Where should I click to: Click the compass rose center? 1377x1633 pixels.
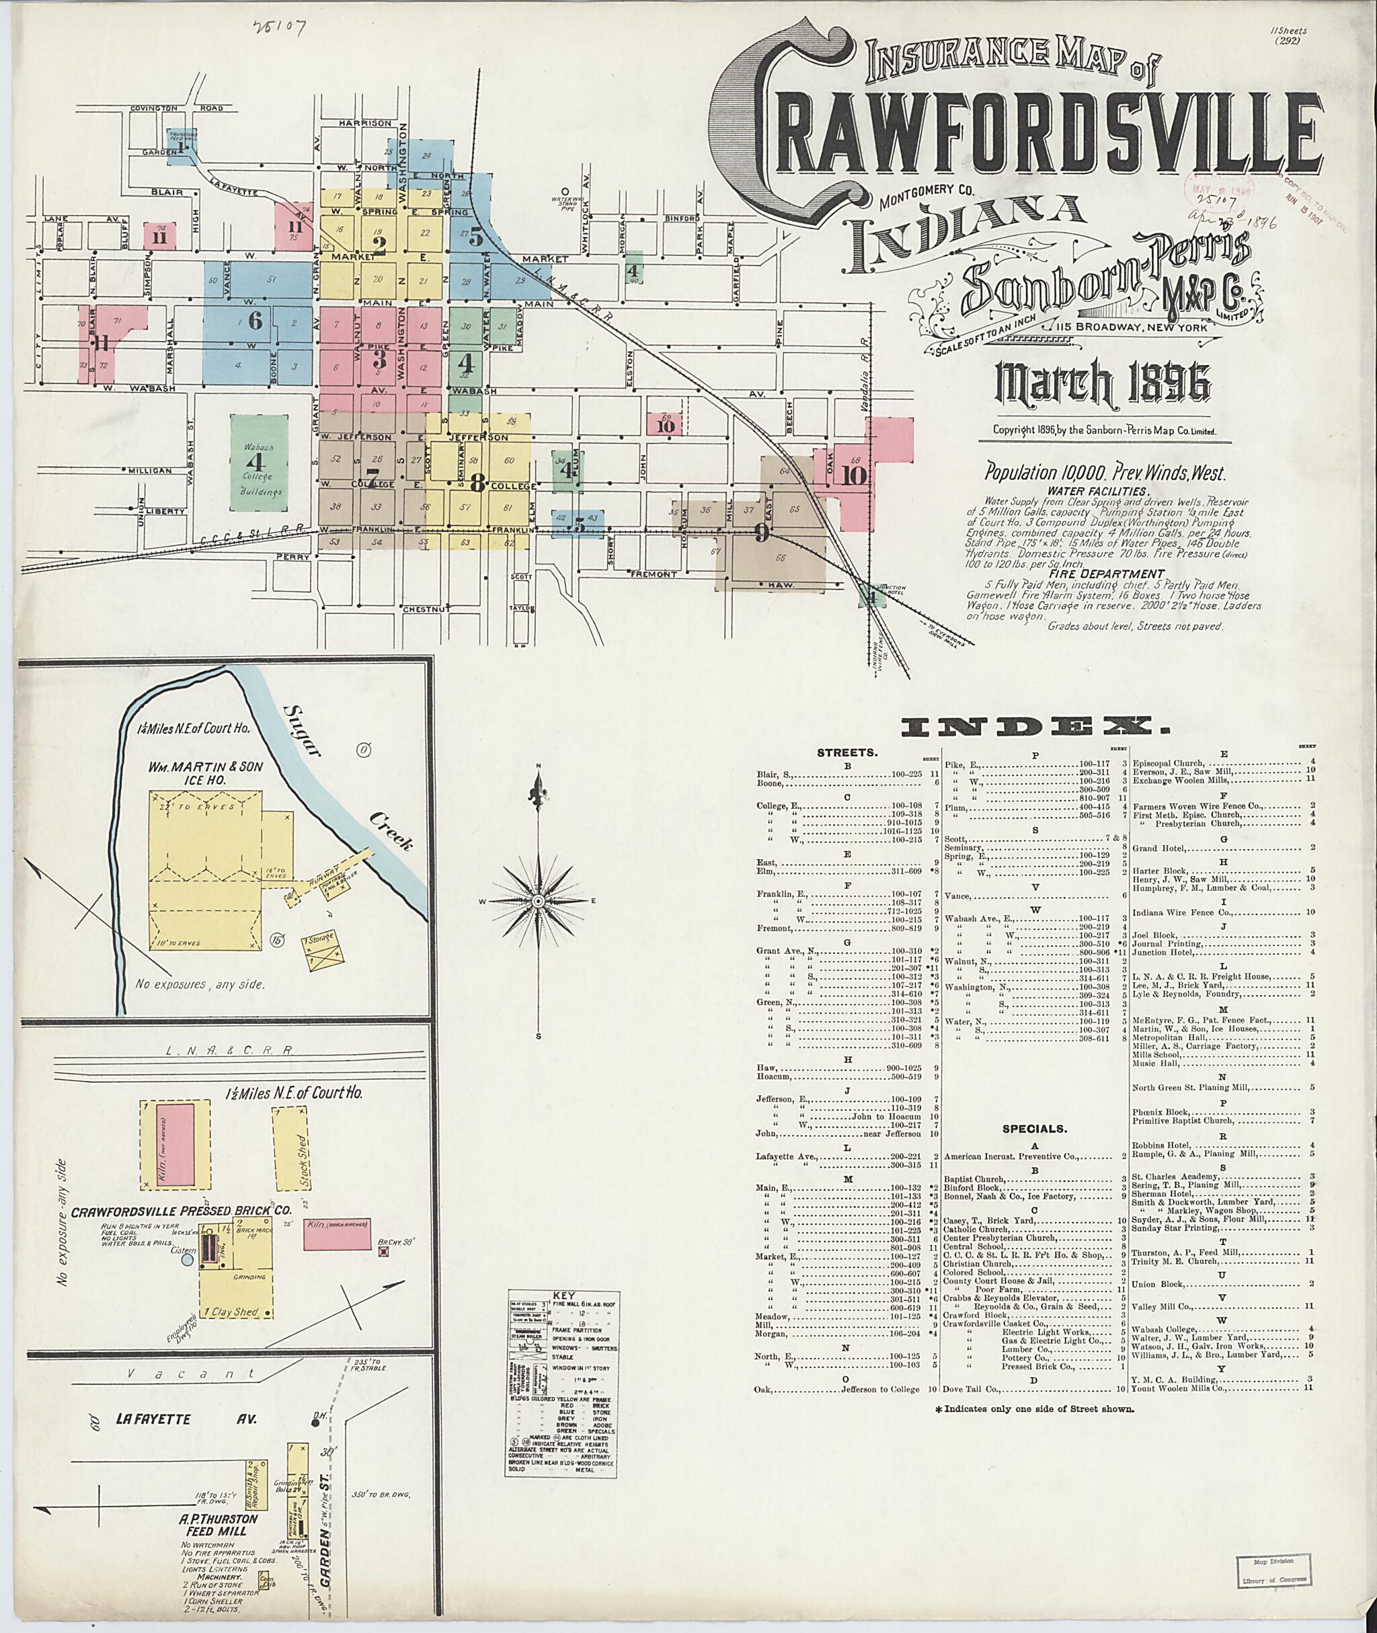pyautogui.click(x=538, y=902)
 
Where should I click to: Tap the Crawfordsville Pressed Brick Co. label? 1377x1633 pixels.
pyautogui.click(x=182, y=1211)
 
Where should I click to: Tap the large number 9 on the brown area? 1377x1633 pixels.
pyautogui.click(x=762, y=534)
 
